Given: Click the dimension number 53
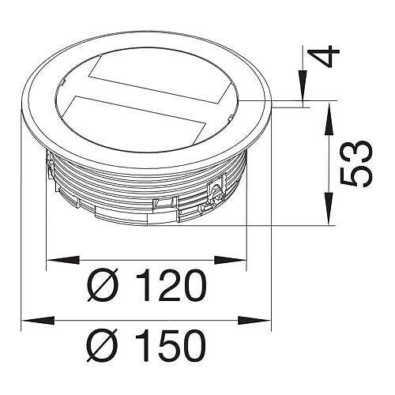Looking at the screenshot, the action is pos(356,164).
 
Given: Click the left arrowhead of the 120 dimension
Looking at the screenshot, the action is pos(62,260).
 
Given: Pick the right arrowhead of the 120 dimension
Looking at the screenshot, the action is pos(231,260).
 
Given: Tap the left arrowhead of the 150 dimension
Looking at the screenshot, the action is pos(38,321).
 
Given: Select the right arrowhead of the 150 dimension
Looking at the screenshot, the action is pos(254,321).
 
